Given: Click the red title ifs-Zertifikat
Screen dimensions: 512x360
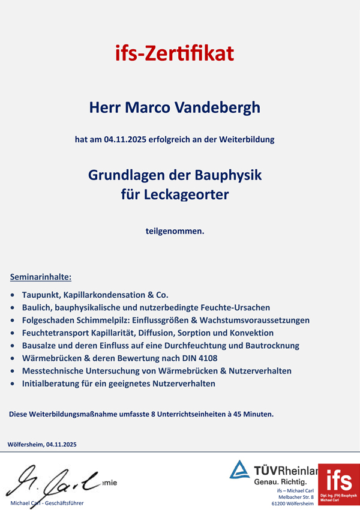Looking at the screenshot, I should pos(175,54).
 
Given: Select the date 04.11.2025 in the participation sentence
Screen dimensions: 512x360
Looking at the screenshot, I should pos(124,139).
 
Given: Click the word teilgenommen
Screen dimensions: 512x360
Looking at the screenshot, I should pos(175,230).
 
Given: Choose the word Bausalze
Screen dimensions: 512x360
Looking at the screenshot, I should pos(40,345).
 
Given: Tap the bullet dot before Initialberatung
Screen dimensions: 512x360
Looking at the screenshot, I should pos(13,384).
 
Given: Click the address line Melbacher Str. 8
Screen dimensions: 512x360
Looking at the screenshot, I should pos(296,498).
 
